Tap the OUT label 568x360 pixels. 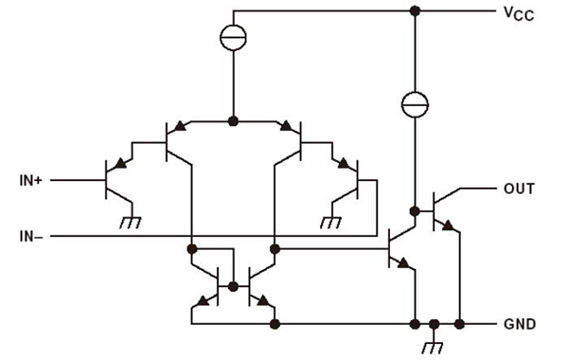(519, 189)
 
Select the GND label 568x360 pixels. (520, 324)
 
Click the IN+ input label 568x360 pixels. (32, 178)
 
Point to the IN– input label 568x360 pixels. (32, 234)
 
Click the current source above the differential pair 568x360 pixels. (233, 38)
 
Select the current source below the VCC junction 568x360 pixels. (415, 102)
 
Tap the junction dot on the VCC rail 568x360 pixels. (415, 11)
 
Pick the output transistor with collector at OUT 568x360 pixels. (440, 211)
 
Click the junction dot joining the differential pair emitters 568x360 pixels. (233, 121)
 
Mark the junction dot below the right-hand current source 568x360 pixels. (415, 210)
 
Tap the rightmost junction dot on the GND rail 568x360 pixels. (459, 324)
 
